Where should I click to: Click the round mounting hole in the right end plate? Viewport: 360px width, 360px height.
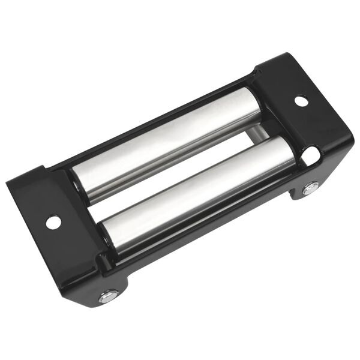pyautogui.click(x=301, y=101)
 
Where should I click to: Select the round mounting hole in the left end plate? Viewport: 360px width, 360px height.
pyautogui.click(x=53, y=223)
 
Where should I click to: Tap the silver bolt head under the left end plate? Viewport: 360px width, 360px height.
pyautogui.click(x=108, y=296)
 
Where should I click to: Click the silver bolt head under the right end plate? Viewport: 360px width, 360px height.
pyautogui.click(x=310, y=190)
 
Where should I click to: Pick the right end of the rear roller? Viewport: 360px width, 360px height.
pyautogui.click(x=255, y=105)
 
